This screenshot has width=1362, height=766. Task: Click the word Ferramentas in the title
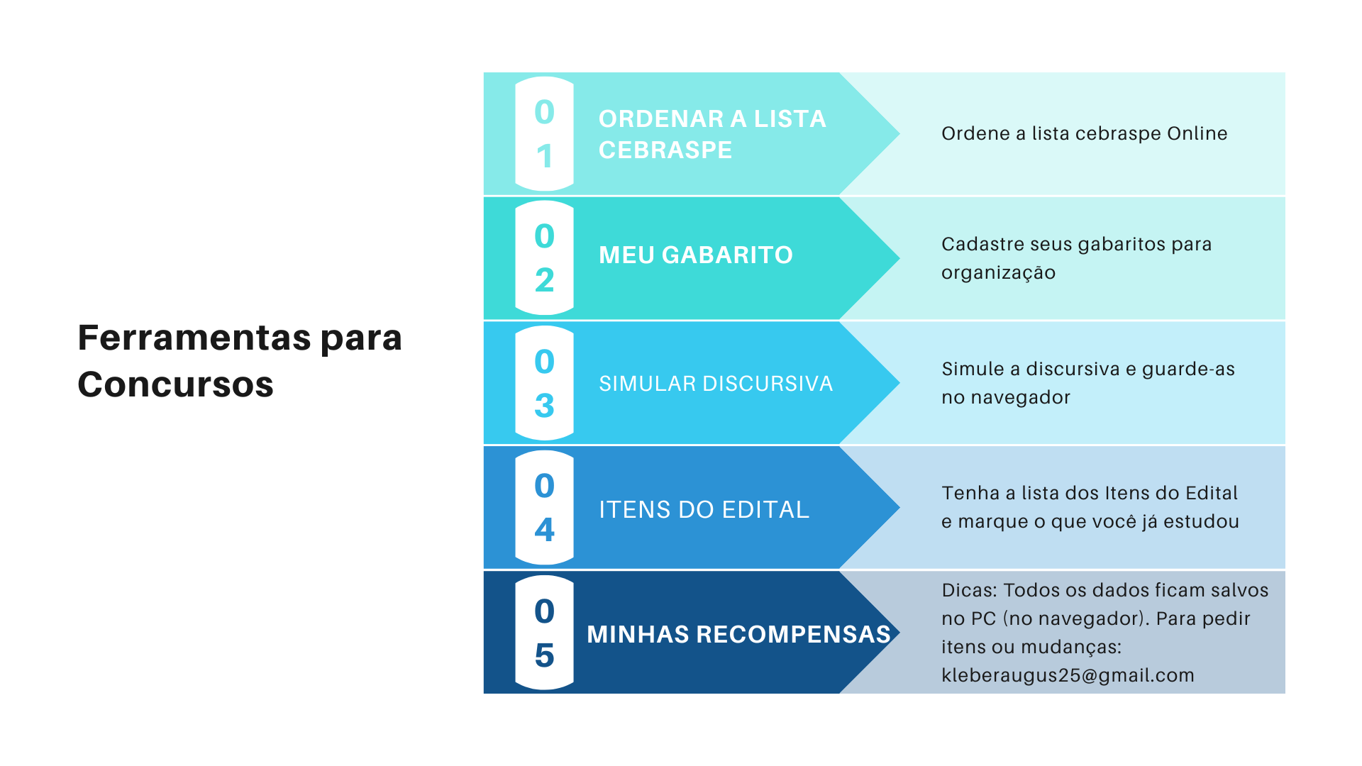point(194,338)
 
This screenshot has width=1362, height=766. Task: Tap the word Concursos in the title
point(175,384)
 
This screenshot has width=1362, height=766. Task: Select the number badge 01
point(544,134)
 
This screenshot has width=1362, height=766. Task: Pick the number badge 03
point(544,383)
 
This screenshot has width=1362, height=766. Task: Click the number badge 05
point(544,633)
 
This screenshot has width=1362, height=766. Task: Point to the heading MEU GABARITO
point(695,255)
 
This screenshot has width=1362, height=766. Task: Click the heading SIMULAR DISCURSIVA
point(715,384)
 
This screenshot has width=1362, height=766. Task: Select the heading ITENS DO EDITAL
point(704,509)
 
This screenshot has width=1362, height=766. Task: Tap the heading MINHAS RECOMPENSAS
point(738,634)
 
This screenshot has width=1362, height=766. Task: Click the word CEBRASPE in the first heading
point(665,150)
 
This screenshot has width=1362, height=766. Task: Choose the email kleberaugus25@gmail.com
point(1068,675)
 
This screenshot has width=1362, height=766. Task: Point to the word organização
point(998,273)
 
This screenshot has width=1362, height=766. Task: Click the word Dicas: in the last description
point(970,590)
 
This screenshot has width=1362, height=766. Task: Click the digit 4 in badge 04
point(544,530)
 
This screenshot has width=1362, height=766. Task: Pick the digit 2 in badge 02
point(544,280)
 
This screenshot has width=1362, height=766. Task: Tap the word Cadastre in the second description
point(981,244)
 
